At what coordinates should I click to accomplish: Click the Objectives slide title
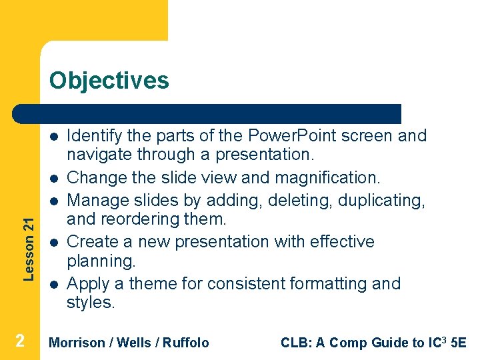point(109,81)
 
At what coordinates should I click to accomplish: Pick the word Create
point(91,241)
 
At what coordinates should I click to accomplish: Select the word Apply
point(87,283)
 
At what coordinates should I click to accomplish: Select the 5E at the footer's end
point(459,343)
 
